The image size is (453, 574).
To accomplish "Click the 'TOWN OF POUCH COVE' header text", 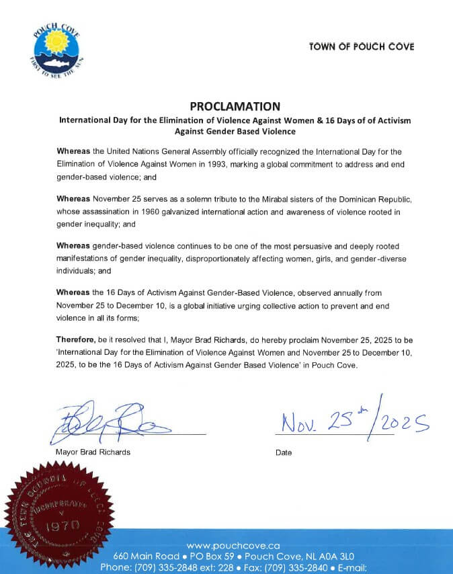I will click(362, 47).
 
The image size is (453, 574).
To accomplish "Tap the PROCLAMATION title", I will click(235, 106).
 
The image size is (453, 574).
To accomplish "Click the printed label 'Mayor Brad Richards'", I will click(93, 452).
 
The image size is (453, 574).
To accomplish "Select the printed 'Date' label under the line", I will click(284, 453).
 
